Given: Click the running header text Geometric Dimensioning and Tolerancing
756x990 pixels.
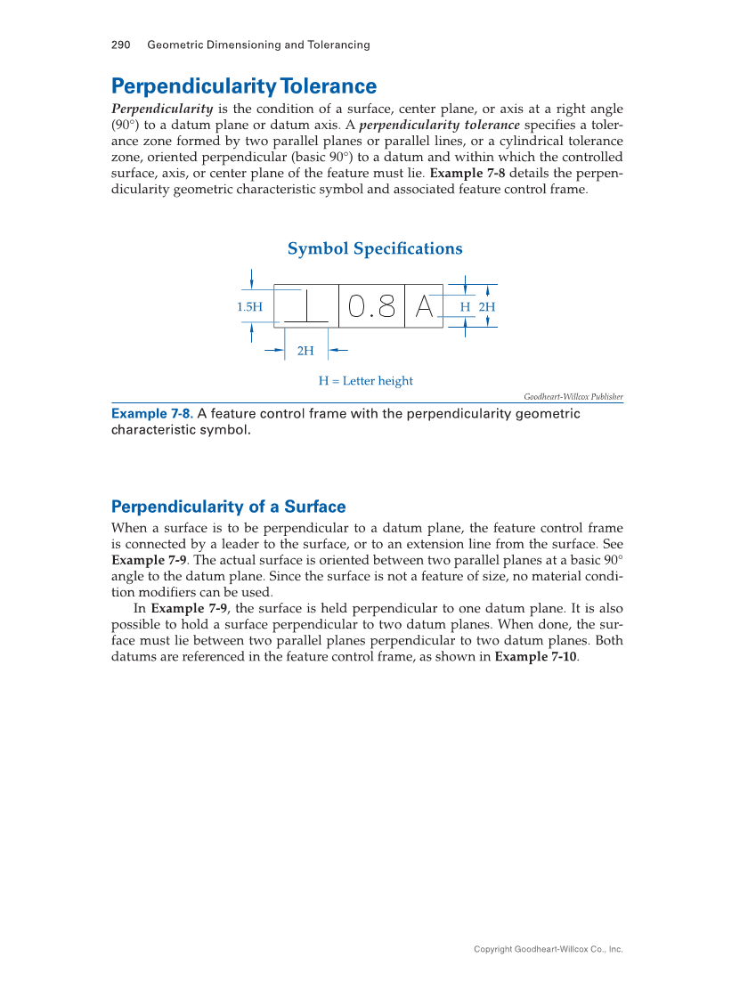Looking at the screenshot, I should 258,45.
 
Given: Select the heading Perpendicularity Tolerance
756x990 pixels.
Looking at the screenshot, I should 243,86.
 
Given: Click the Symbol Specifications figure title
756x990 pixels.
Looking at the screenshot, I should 375,249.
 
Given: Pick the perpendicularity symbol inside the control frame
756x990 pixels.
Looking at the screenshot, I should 306,307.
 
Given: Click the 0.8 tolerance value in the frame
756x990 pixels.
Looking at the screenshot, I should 371,307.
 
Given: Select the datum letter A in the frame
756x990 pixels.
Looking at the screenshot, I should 424,307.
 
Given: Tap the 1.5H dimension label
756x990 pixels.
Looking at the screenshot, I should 249,307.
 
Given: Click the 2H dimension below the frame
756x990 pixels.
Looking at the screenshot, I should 305,351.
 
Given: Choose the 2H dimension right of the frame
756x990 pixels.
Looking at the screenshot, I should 487,307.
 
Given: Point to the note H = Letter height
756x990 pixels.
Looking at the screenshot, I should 366,381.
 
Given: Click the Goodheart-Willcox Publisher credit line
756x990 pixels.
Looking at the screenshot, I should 573,397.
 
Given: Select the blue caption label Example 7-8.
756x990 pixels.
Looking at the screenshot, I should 151,414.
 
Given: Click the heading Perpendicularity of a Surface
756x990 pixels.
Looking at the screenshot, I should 228,507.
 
